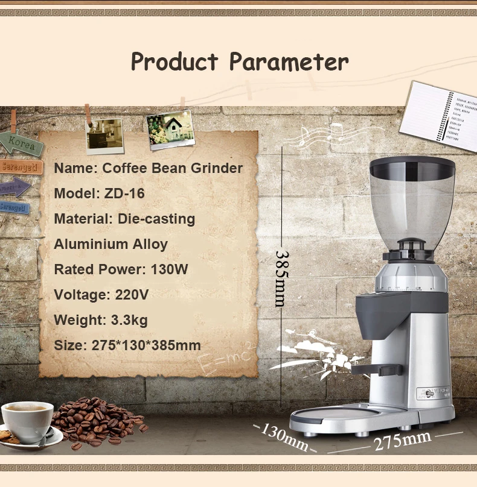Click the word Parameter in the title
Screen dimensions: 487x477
pos(289,62)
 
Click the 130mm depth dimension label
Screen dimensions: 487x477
pos(284,437)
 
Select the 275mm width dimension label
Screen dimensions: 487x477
pos(402,442)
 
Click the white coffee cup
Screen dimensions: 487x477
pos(27,420)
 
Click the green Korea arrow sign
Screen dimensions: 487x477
pos(22,145)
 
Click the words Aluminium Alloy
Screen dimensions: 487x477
pos(111,244)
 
